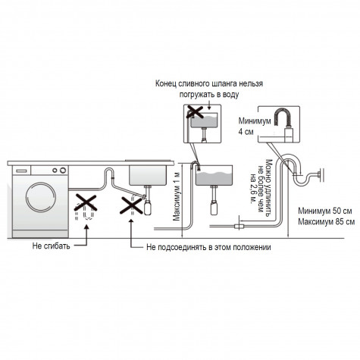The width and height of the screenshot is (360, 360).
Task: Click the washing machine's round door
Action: coord(41,197)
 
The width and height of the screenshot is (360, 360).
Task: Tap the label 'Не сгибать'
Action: coord(51,246)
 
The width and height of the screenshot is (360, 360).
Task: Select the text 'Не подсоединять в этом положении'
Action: coord(208,247)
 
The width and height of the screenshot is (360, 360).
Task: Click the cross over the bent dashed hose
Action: coord(86,202)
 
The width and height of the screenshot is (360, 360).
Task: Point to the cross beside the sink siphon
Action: coord(131,205)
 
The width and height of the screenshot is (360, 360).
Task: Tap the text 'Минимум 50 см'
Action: coord(325,211)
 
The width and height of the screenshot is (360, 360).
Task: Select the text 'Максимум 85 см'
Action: coord(326,222)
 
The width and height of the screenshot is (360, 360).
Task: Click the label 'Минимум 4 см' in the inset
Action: coord(255,126)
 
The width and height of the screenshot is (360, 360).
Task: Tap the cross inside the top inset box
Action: coord(195,112)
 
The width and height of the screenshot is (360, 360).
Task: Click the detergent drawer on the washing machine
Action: coord(21,171)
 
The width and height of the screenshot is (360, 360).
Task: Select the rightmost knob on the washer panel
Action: coord(63,171)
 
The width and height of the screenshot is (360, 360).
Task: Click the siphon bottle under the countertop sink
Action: coord(148,207)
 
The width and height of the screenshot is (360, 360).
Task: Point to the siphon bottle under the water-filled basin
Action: coord(214,207)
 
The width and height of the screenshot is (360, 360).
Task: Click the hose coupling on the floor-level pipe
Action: coord(239,226)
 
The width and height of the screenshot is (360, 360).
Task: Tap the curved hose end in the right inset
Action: coord(282,117)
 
